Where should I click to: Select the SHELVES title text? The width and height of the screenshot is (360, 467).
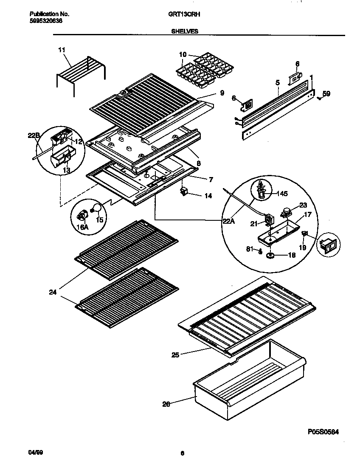pyautogui.click(x=184, y=31)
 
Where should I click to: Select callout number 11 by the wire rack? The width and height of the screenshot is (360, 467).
pyautogui.click(x=62, y=50)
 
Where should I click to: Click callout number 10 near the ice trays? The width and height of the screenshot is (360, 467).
pyautogui.click(x=183, y=54)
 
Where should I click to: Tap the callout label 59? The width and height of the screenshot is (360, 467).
pyautogui.click(x=326, y=93)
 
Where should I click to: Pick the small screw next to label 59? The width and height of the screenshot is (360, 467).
pyautogui.click(x=319, y=98)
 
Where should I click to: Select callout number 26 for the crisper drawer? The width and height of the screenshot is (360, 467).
pyautogui.click(x=166, y=404)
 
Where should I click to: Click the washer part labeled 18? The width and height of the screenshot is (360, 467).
pyautogui.click(x=270, y=256)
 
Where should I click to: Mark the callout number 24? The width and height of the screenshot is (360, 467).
pyautogui.click(x=52, y=292)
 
